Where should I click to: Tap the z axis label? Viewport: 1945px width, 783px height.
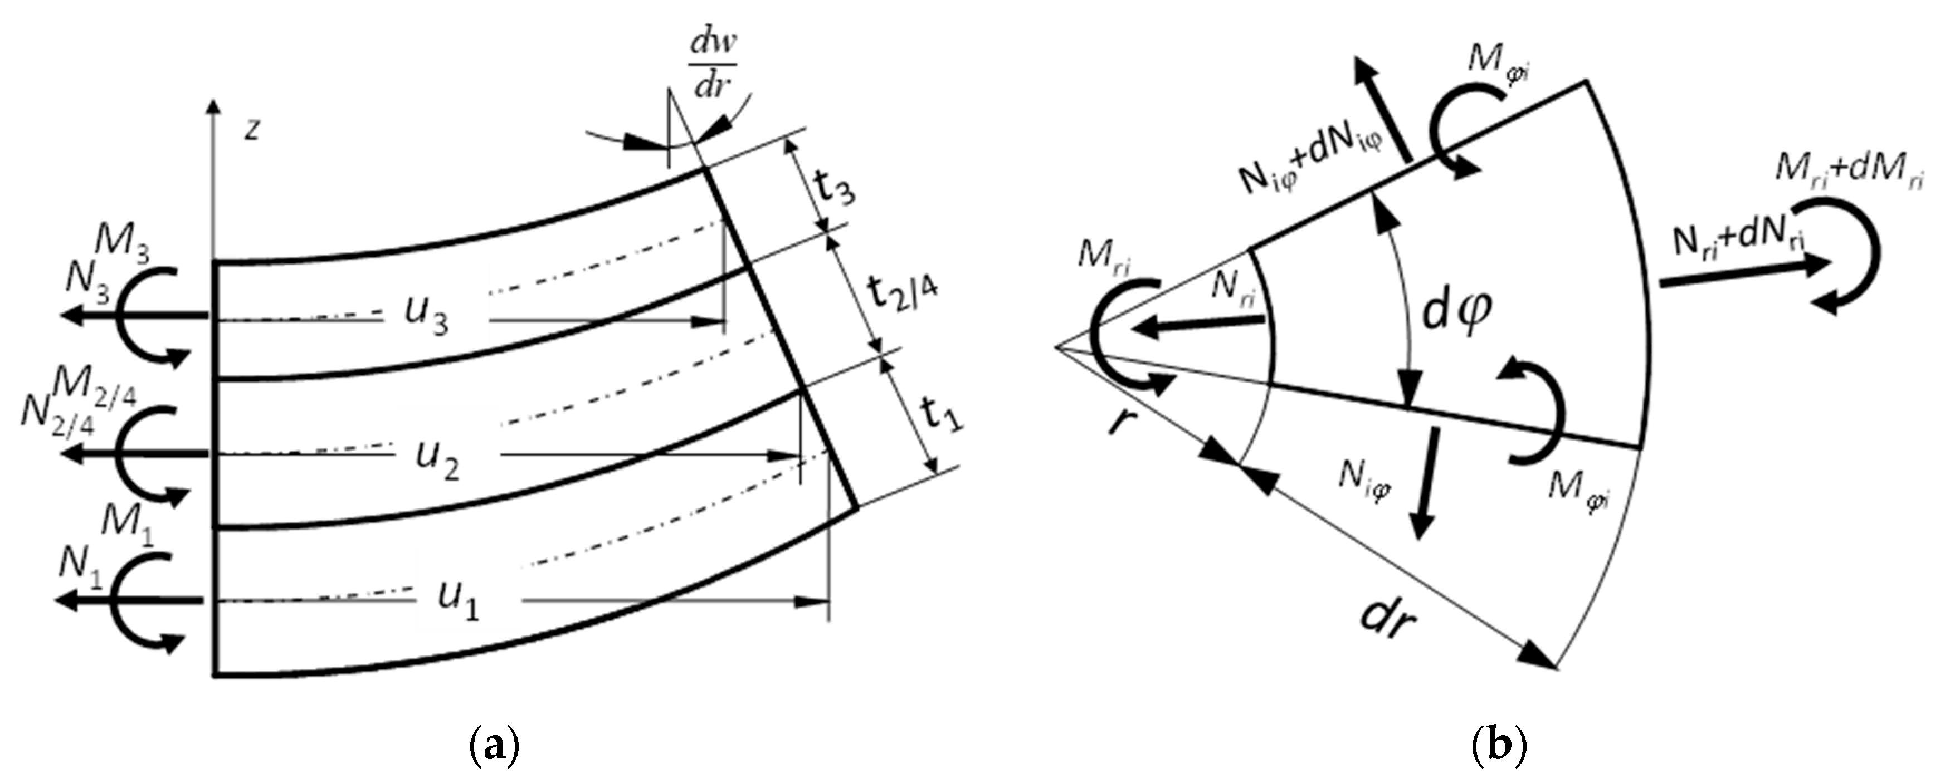[252, 130]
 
